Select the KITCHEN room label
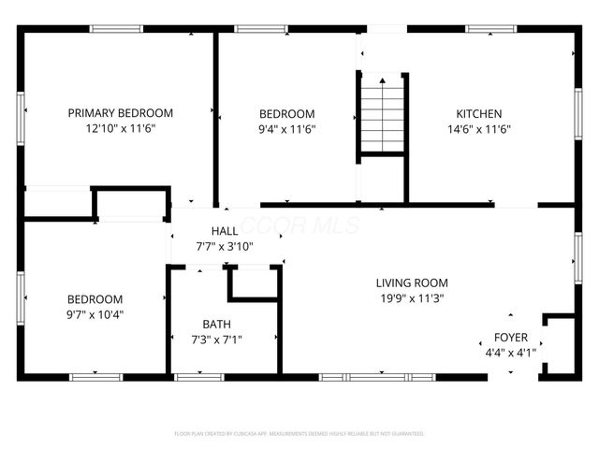(478, 112)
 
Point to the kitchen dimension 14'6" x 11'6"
(478, 129)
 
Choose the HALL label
(225, 230)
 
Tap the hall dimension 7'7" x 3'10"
(225, 247)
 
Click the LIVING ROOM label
(412, 282)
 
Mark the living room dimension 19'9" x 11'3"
(412, 299)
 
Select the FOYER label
(511, 337)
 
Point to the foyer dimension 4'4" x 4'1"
(511, 354)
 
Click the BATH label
(216, 324)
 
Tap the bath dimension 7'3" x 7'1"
(216, 340)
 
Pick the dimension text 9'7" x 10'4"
(95, 314)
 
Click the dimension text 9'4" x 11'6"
(287, 129)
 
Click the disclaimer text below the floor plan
(299, 434)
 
